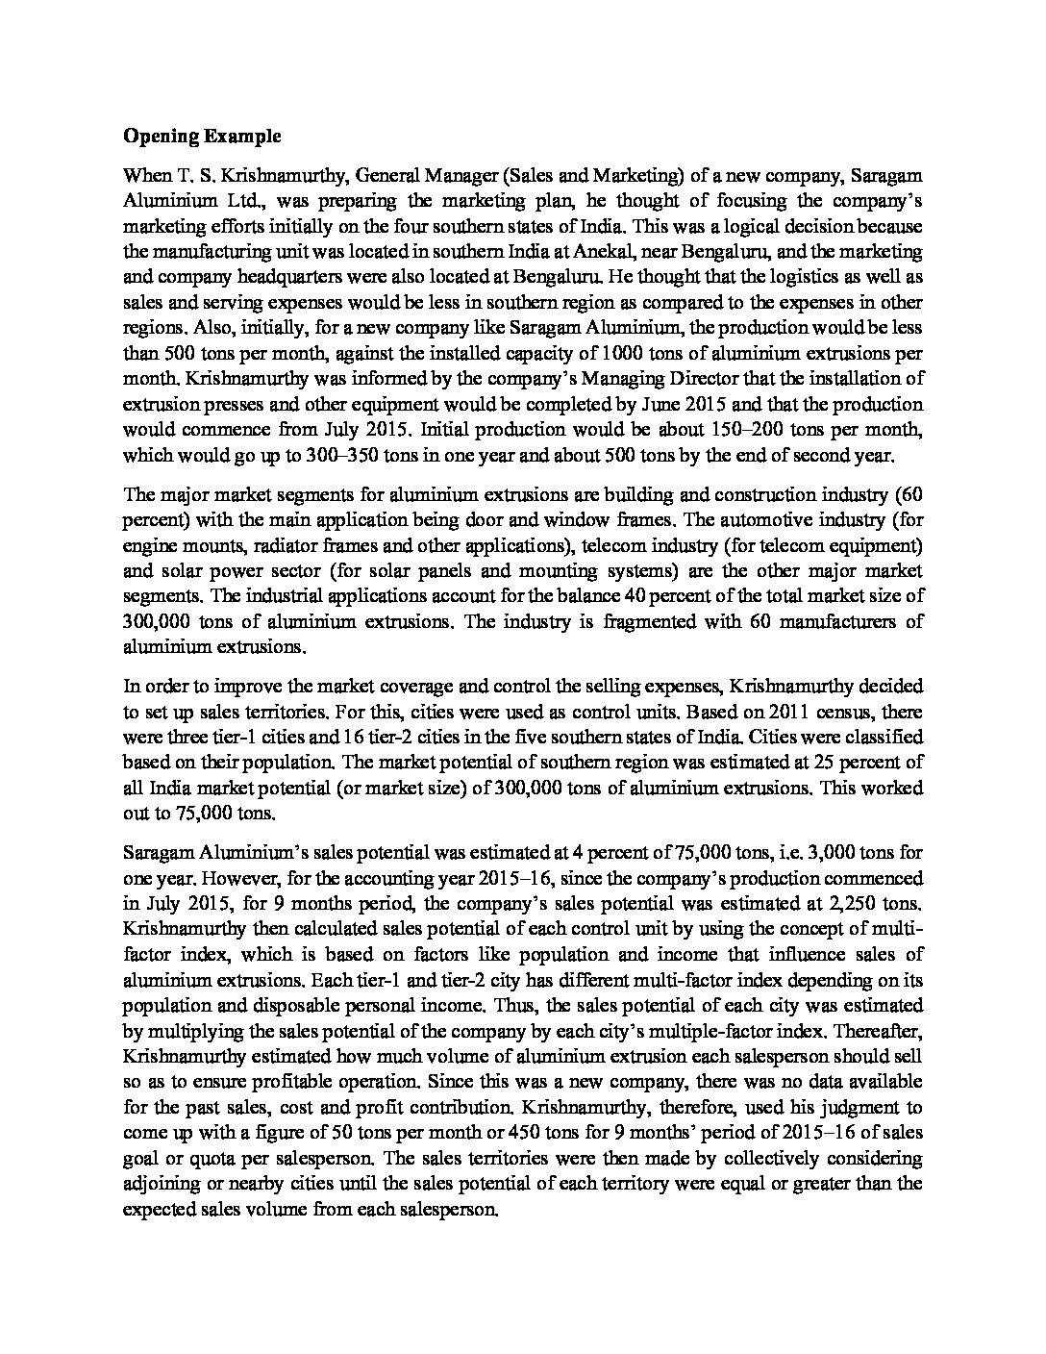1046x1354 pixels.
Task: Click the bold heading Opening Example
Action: [x=202, y=136]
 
